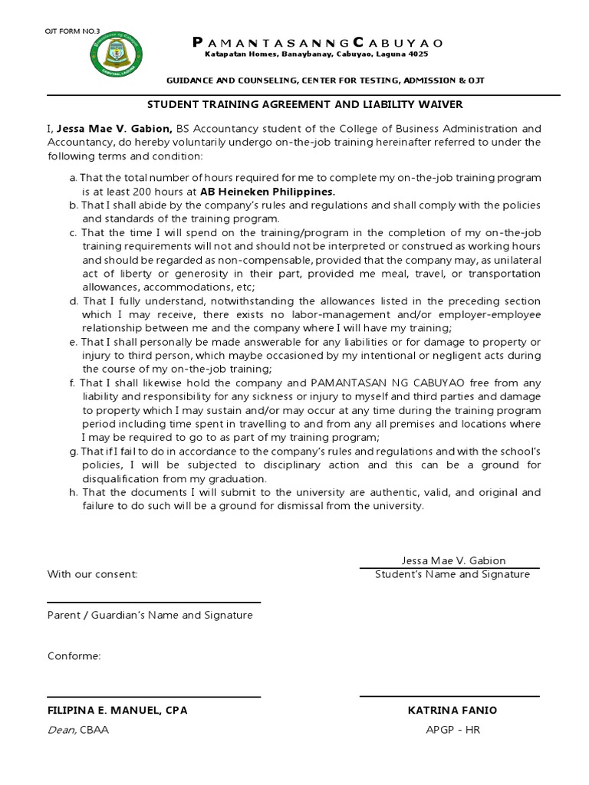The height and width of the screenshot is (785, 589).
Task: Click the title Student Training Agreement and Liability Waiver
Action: coord(304,104)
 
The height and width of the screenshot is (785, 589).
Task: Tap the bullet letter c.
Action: coord(72,232)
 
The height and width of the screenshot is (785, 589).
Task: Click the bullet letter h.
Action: coord(72,492)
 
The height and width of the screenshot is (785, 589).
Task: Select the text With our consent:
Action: coord(93,574)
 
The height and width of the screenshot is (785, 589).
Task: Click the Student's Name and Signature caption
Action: coord(452,574)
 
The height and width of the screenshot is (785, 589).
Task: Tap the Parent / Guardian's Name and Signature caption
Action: coord(150,615)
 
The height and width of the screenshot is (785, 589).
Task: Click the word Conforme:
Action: coord(74,656)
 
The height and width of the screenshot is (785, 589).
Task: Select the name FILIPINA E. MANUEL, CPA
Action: coord(117,711)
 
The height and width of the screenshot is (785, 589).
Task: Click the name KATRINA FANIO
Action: coord(452,711)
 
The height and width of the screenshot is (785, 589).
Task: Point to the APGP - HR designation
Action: coord(452,730)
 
